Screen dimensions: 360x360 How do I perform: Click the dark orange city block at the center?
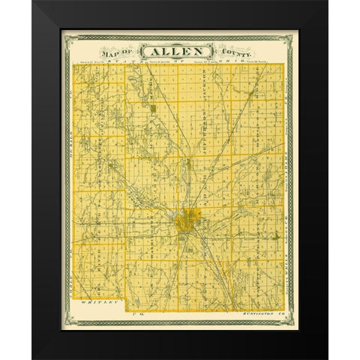tap(184, 222)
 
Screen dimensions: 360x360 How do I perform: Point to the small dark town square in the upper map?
tap(153, 109)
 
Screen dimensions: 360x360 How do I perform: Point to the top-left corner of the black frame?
tap(34, 2)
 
